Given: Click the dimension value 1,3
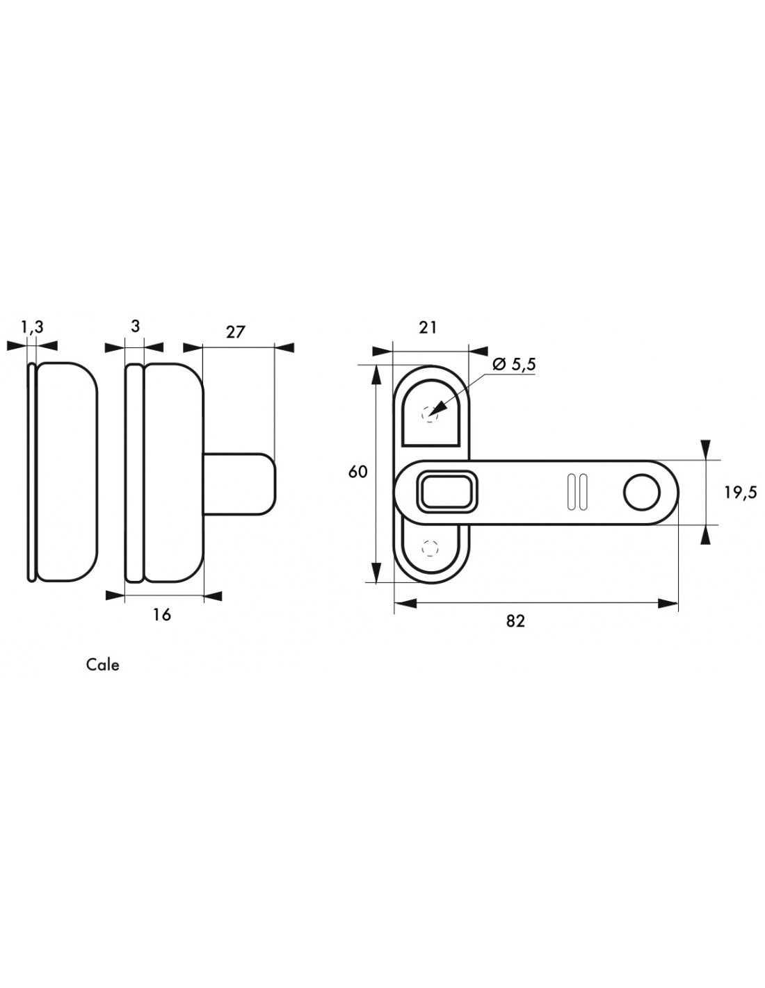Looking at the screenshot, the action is click(x=32, y=327).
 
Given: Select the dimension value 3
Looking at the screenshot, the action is click(x=135, y=327).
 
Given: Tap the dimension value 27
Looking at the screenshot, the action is click(x=235, y=332).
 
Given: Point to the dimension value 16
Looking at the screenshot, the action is click(x=161, y=615).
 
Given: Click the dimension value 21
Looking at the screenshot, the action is click(x=427, y=327).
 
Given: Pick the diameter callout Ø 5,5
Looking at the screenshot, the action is click(x=514, y=365).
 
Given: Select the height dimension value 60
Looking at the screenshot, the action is click(x=357, y=472).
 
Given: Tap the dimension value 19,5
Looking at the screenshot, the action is click(x=741, y=493).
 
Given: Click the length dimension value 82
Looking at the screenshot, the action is click(x=515, y=621).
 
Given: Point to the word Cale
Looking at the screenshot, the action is click(x=103, y=665).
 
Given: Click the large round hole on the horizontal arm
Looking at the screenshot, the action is click(x=641, y=493).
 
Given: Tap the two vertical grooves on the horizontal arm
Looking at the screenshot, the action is click(x=577, y=492).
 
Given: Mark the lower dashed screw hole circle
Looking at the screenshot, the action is click(x=430, y=549).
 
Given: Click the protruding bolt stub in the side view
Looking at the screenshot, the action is click(x=239, y=484).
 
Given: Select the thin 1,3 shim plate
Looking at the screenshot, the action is click(x=32, y=472).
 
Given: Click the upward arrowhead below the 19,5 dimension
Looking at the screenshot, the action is click(x=706, y=535).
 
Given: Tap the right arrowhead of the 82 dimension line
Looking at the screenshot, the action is click(x=668, y=604).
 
